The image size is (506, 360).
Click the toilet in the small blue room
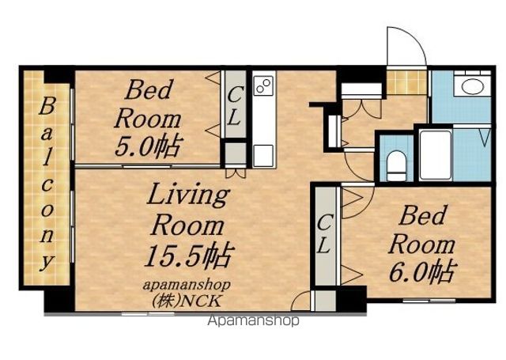(x=396, y=166)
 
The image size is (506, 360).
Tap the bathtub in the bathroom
(x=436, y=154)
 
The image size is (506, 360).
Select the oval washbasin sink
(x=472, y=86)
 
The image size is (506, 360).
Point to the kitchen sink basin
(x=263, y=156)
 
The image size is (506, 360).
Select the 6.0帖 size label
(x=423, y=271)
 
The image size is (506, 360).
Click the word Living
(x=188, y=195)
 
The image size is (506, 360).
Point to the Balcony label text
(x=47, y=184)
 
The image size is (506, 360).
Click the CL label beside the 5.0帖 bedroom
(x=235, y=107)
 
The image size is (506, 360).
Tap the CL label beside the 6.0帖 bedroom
(x=325, y=234)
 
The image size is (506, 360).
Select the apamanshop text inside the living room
(x=187, y=285)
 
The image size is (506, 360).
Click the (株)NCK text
(x=187, y=301)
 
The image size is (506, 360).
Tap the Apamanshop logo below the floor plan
(x=254, y=320)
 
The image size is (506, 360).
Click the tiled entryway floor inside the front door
(x=407, y=82)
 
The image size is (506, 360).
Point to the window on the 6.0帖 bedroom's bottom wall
(x=429, y=301)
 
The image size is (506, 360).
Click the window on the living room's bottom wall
(x=148, y=313)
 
